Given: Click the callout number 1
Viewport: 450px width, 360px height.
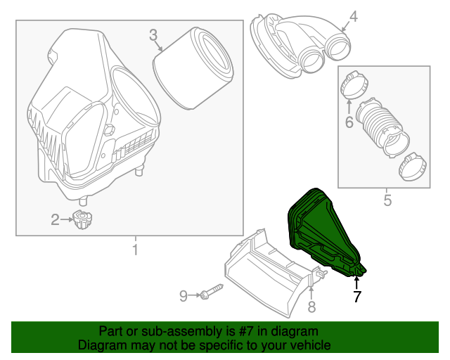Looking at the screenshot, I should pos(135,250).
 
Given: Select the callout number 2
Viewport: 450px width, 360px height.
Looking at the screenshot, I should pos(55,220).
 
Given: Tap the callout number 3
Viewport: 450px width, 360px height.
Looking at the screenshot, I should pos(153,34).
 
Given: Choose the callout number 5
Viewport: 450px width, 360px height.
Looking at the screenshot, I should pos(387,201).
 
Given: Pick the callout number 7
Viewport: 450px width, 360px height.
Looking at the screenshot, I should pos(357,297).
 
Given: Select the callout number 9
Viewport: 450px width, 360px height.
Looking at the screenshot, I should pos(183,296).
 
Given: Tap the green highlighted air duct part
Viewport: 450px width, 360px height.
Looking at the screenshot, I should pos(320,229).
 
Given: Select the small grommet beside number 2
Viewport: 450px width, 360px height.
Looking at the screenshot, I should pos(83,219).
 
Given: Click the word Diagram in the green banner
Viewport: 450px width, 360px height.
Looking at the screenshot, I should pos(100,345).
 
